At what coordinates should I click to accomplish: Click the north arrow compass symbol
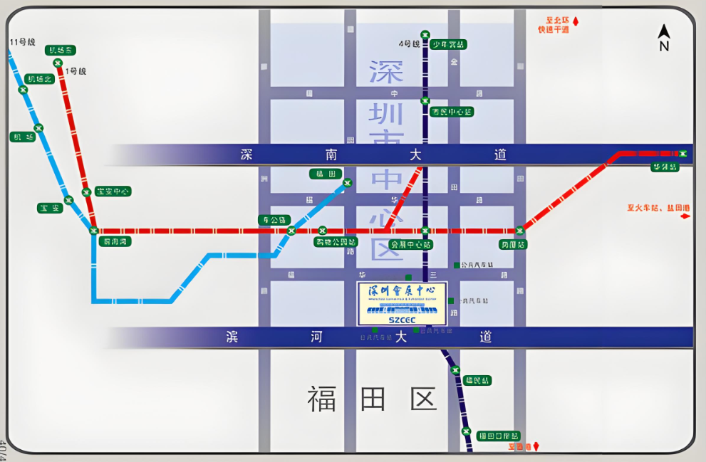pyautogui.click(x=664, y=38)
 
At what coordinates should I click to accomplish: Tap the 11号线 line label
pyautogui.click(x=22, y=42)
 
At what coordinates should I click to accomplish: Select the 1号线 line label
pyautogui.click(x=75, y=71)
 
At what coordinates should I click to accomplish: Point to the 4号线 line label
pyautogui.click(x=410, y=44)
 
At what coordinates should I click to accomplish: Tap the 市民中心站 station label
pyautogui.click(x=452, y=112)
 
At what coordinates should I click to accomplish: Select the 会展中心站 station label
pyautogui.click(x=411, y=244)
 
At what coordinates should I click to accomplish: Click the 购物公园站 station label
pyautogui.click(x=336, y=242)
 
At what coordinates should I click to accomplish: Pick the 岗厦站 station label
pyautogui.click(x=514, y=244)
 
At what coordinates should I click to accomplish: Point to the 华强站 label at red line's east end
pyautogui.click(x=663, y=167)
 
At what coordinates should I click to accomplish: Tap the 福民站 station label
pyautogui.click(x=477, y=380)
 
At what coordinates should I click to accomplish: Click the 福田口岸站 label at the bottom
pyautogui.click(x=498, y=436)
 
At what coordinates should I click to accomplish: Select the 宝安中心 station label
pyautogui.click(x=113, y=191)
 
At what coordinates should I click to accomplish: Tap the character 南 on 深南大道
pyautogui.click(x=331, y=154)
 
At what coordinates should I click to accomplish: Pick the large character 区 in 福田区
pyautogui.click(x=423, y=399)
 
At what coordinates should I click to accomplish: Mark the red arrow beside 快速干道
pyautogui.click(x=576, y=22)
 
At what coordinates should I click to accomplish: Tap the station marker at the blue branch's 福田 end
pyautogui.click(x=347, y=183)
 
